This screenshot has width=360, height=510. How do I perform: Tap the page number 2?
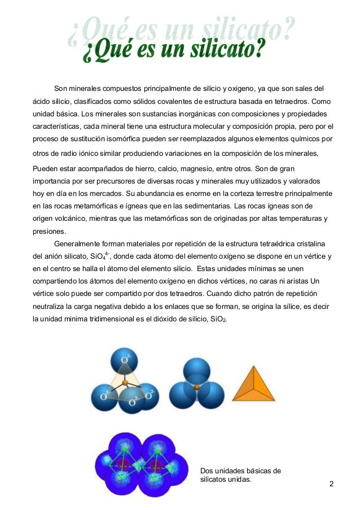tap(331, 484)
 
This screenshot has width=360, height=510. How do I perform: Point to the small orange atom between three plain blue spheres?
tap(196, 387)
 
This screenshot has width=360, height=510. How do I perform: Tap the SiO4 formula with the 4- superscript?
tap(101, 257)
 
